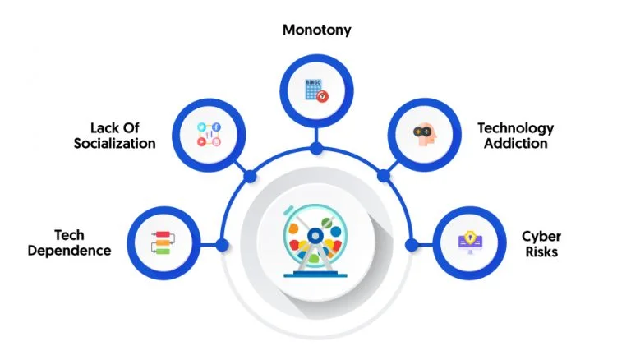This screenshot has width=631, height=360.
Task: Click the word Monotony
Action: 316,30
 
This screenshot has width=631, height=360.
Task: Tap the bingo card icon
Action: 316,90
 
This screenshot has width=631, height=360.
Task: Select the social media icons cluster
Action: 209,134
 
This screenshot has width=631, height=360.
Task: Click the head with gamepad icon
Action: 425,135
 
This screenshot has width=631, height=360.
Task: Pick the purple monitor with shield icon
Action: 470,242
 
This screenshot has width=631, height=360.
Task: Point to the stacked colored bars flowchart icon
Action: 163,242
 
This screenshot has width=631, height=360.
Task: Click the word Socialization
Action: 115,144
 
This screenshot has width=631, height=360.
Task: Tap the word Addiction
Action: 515,144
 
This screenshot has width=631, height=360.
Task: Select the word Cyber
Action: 541,237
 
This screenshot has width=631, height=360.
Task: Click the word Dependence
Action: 69,251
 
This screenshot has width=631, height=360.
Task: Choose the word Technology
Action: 515,128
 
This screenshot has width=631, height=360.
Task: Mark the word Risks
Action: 541,252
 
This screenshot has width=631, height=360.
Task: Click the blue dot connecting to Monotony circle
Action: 316,149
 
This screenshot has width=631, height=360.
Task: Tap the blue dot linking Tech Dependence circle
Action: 222,244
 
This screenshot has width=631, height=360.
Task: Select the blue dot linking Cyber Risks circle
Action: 412,244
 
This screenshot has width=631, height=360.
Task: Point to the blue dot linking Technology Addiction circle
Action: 384,176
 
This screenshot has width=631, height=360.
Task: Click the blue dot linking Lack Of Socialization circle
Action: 250,177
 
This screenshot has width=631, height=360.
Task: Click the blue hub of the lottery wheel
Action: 315,236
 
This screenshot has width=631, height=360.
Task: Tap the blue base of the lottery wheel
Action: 315,275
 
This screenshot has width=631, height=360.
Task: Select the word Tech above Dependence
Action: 69,235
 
